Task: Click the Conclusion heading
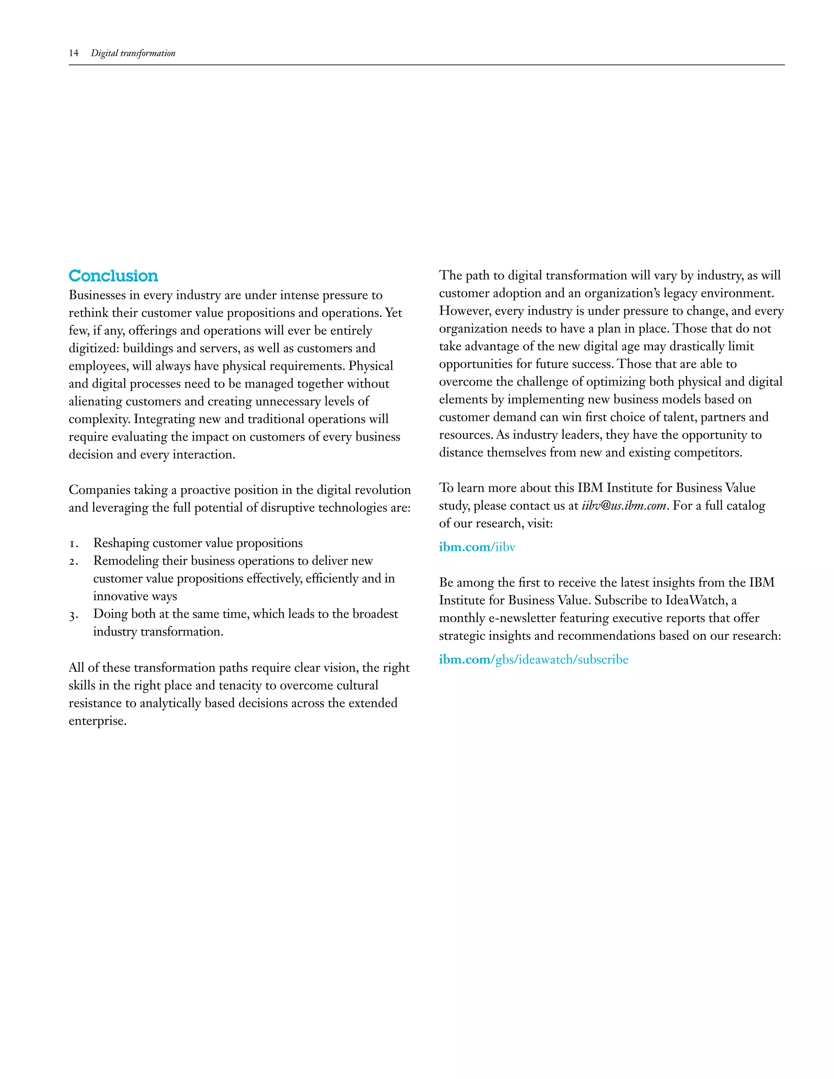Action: point(113,276)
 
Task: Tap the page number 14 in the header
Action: point(74,53)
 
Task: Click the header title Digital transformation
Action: point(133,53)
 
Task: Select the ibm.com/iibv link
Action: point(477,547)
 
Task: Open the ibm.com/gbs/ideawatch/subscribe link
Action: point(533,660)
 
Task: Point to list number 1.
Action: point(73,544)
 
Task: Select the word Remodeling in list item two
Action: point(125,561)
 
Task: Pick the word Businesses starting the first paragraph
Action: point(97,296)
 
